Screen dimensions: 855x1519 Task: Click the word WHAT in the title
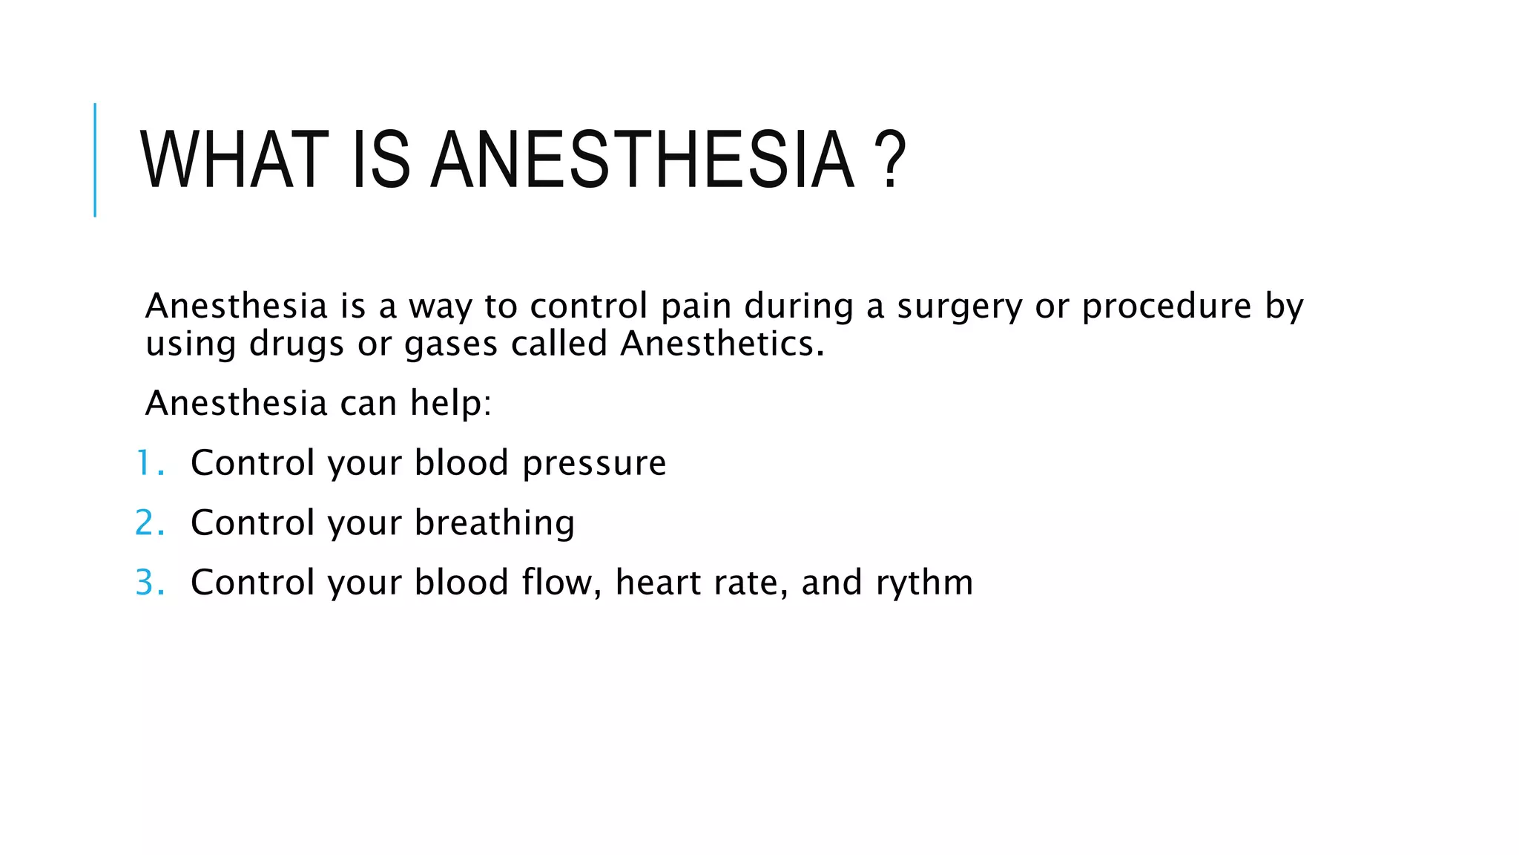(234, 160)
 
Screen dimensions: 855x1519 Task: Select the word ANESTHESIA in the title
(642, 160)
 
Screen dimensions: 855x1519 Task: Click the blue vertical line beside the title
(95, 160)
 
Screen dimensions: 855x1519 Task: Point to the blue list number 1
(149, 463)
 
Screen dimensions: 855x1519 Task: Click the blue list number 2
(149, 523)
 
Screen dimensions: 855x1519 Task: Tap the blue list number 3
(149, 583)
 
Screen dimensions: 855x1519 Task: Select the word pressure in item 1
(594, 465)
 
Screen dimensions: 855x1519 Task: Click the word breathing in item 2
(494, 524)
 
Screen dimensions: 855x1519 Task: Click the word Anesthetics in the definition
(722, 344)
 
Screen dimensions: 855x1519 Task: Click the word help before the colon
(448, 404)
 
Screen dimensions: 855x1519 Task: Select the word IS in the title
(380, 160)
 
